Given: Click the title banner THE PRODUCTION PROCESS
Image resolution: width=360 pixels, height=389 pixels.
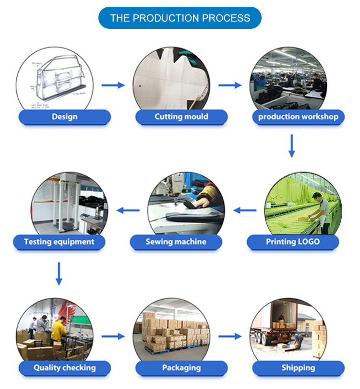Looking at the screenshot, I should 180,18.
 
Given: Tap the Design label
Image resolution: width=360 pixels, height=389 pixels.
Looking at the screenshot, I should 65,117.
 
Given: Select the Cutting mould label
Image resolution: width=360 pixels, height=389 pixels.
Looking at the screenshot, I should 181,117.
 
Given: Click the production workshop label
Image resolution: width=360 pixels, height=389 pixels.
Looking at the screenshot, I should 298,117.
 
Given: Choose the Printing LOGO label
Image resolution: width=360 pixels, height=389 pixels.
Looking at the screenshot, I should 293,242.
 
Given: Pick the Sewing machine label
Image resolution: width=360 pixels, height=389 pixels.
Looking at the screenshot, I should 176,242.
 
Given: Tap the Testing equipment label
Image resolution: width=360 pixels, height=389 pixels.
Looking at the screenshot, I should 59,242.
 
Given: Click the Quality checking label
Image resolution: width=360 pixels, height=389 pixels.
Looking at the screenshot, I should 65,368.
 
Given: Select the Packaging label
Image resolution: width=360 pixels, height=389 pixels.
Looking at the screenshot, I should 181,368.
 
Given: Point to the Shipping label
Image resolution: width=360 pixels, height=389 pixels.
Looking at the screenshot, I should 298,368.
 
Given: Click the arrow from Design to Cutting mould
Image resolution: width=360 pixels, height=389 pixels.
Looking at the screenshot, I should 113,85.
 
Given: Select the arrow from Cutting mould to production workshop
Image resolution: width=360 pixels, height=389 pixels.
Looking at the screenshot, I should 230,85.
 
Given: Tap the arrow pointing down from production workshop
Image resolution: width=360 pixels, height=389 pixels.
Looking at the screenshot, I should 291,146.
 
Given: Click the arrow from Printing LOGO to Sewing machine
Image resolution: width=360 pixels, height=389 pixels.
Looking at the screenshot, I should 245,210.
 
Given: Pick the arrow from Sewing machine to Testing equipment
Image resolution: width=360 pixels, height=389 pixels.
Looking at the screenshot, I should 128,210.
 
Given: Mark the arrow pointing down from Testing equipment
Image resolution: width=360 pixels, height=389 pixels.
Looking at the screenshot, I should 59,274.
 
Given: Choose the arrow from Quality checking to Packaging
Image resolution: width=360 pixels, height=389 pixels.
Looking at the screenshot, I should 113,337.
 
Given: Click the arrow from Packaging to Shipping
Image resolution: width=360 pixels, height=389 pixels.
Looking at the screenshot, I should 230,337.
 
